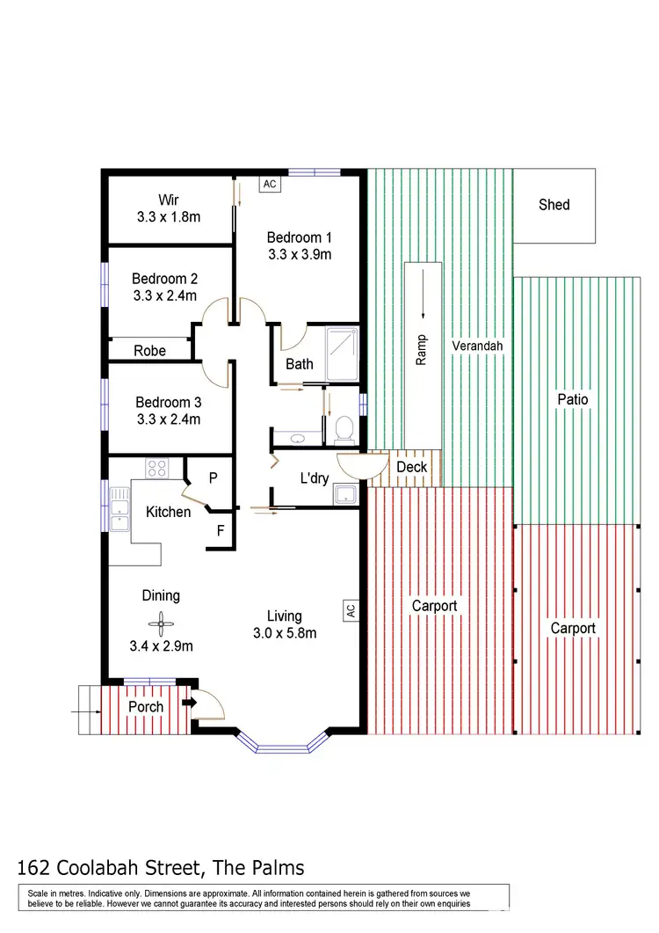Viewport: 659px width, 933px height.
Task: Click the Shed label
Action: (554, 205)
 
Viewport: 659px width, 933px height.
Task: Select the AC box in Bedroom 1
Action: (270, 185)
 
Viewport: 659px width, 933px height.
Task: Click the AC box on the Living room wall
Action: (350, 609)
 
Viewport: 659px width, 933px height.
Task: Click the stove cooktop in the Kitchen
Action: (158, 469)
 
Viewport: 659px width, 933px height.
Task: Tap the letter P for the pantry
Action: (213, 478)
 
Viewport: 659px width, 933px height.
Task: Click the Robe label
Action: (149, 351)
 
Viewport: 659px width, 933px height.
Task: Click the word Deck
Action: (411, 466)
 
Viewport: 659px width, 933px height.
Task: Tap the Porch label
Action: (146, 707)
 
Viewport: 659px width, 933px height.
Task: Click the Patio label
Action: (572, 399)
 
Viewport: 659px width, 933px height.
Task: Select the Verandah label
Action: (477, 346)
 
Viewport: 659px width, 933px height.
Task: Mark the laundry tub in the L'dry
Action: (345, 494)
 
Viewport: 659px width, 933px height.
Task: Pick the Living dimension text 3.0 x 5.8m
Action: (285, 633)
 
